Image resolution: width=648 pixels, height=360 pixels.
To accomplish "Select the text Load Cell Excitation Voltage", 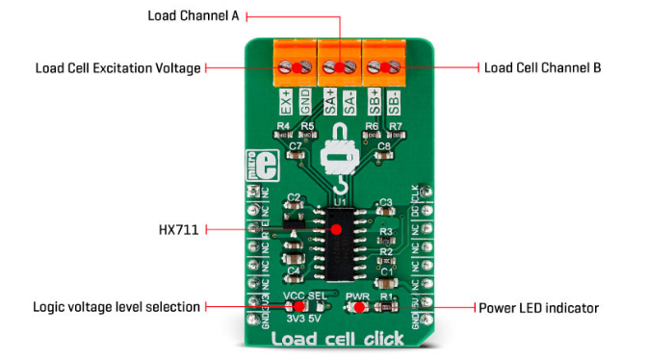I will click(117, 68).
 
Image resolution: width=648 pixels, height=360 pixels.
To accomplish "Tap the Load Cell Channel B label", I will click(541, 67).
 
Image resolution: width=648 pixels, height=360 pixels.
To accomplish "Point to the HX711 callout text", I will click(179, 231).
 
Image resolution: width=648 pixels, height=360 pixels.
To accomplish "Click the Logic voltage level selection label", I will click(116, 307).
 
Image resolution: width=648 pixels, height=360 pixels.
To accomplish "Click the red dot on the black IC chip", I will click(336, 231).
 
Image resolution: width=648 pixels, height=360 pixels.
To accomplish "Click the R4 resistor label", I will click(283, 126).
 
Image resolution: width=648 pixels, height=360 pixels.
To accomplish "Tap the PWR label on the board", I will click(358, 296).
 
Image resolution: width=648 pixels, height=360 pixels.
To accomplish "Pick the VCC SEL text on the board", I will click(303, 296).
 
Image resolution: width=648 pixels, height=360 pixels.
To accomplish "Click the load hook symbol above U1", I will click(338, 159).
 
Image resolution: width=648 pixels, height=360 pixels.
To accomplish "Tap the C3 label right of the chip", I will click(384, 203).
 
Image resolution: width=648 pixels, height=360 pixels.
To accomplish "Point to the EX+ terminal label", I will click(286, 100).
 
